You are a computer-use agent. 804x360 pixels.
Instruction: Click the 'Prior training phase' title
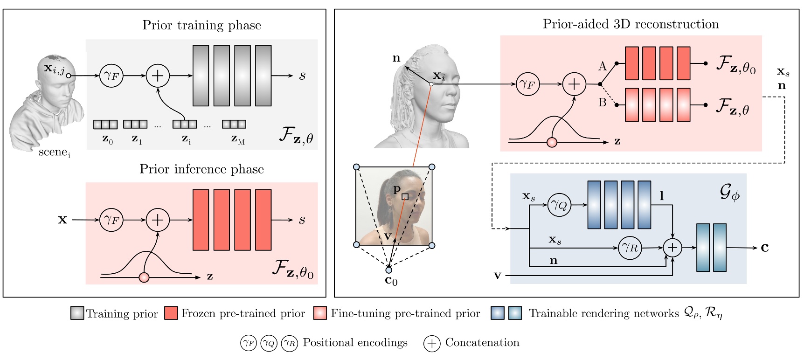tap(201, 25)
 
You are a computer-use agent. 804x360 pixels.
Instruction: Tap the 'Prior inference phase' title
tap(201, 169)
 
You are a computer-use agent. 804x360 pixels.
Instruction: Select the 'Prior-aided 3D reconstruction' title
tap(631, 24)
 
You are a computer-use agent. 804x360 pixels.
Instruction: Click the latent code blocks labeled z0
tap(105, 125)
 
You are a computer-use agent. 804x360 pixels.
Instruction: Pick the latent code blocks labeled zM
tap(234, 125)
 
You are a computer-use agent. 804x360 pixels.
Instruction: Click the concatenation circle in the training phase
tap(158, 76)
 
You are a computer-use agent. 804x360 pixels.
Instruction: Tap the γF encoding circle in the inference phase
tap(111, 220)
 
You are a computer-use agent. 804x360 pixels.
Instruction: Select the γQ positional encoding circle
tap(559, 205)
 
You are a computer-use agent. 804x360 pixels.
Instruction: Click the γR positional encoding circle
tap(630, 248)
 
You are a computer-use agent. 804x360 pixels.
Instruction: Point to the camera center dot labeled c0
tap(388, 270)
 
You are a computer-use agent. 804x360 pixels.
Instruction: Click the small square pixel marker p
tap(405, 197)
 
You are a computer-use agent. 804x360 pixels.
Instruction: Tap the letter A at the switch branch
tap(603, 67)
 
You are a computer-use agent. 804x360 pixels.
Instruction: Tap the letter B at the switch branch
tap(603, 103)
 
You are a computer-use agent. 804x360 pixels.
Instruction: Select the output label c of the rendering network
tap(764, 248)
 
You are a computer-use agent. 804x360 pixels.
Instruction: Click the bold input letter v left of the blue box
tap(498, 276)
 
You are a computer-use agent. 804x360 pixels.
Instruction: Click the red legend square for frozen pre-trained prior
tap(171, 313)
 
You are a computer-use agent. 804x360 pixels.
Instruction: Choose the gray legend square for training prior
tap(77, 313)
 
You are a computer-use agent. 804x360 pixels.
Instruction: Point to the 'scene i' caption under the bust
tap(54, 152)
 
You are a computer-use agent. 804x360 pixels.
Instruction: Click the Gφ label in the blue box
tap(729, 192)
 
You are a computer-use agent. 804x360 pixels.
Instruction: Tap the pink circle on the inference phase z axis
tap(144, 277)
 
